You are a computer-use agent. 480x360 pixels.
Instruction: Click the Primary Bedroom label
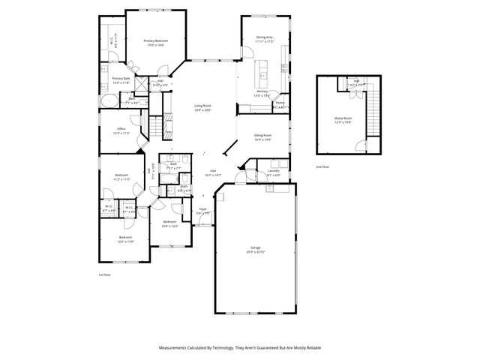pos(155,42)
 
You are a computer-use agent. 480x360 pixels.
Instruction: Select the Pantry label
pos(280,105)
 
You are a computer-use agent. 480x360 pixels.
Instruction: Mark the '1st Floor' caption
pos(104,275)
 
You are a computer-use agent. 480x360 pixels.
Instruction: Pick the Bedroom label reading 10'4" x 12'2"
pos(169,223)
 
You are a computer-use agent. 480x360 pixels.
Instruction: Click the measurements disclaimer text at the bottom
pos(239,347)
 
